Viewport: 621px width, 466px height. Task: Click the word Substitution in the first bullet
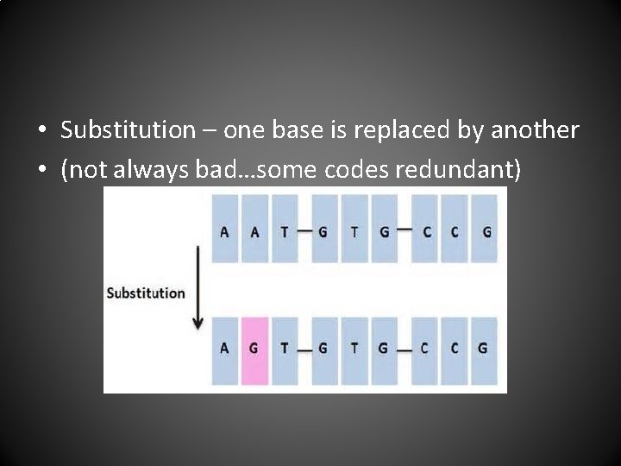tap(129, 130)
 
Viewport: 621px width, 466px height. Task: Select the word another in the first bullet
tap(535, 130)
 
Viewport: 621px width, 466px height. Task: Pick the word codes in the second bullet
tap(356, 170)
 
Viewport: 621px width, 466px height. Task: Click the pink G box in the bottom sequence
tap(254, 349)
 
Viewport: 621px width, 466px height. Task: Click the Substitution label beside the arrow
tap(146, 293)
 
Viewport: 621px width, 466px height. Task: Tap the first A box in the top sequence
tap(225, 231)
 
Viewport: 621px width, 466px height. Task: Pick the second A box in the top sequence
tap(254, 231)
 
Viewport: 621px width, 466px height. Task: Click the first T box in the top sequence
tap(284, 231)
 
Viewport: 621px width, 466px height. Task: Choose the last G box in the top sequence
tap(486, 231)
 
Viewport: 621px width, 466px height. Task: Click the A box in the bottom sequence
tap(225, 349)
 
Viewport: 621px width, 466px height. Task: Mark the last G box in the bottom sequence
tap(483, 349)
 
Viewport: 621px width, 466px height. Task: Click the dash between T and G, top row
tap(304, 231)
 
